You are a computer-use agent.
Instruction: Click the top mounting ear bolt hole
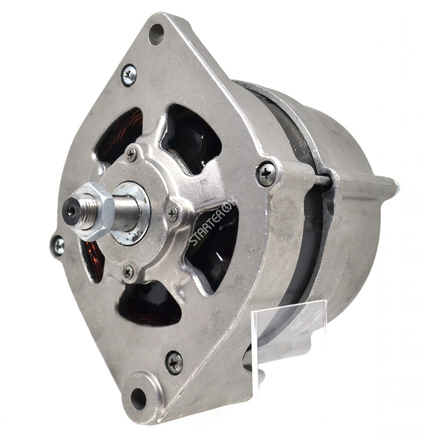pos(156,35)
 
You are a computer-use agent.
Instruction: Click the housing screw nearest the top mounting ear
pos(129,75)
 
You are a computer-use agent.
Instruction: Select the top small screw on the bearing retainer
pos(131,155)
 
